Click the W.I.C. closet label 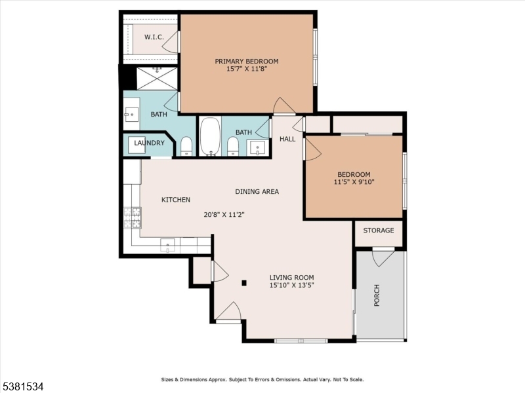click(154, 37)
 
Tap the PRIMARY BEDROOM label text click(247, 62)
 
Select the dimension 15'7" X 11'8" click(247, 69)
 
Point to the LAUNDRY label click(149, 143)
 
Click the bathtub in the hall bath click(210, 136)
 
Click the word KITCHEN click(176, 200)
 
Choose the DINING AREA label click(257, 192)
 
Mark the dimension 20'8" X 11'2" click(224, 214)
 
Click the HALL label click(287, 139)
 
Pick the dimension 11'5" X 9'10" click(354, 182)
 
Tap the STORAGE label click(379, 231)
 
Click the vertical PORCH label click(377, 295)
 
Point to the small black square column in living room click(244, 283)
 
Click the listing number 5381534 click(22, 387)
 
